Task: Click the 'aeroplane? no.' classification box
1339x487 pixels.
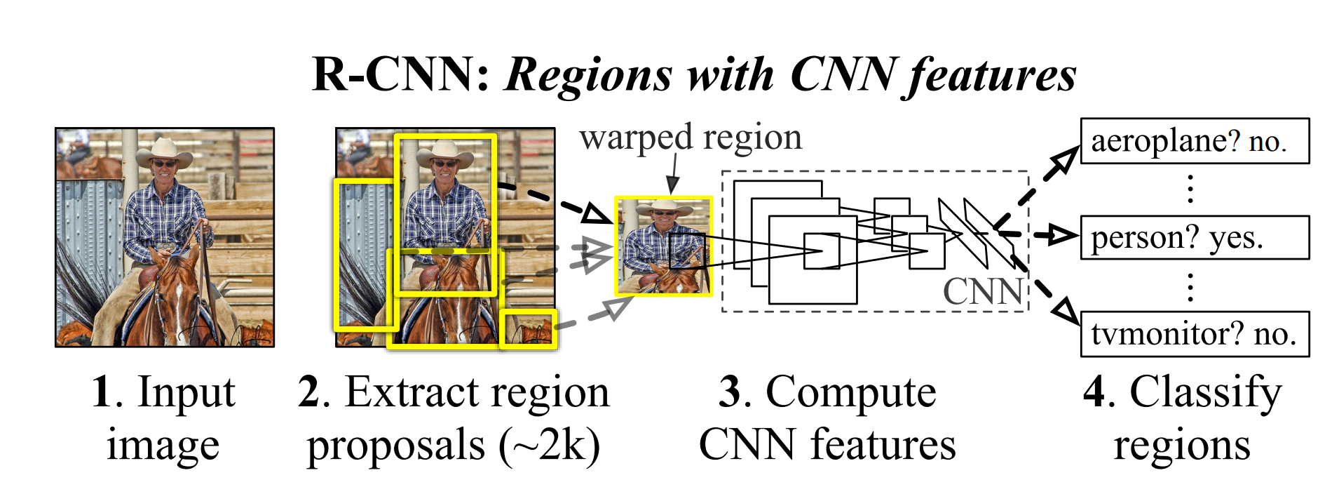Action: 1194,141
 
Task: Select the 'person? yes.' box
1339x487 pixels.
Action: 1194,238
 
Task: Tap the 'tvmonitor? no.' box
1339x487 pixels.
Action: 1194,334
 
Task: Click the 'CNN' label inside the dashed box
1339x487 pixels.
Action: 983,291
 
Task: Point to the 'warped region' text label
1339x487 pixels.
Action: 691,137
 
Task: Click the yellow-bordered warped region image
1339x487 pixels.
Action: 663,246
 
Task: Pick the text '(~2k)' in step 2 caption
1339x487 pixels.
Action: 550,445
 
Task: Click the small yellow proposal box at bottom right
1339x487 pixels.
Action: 529,328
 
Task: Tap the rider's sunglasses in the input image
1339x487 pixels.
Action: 164,164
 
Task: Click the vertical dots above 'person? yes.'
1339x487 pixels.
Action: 1190,189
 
